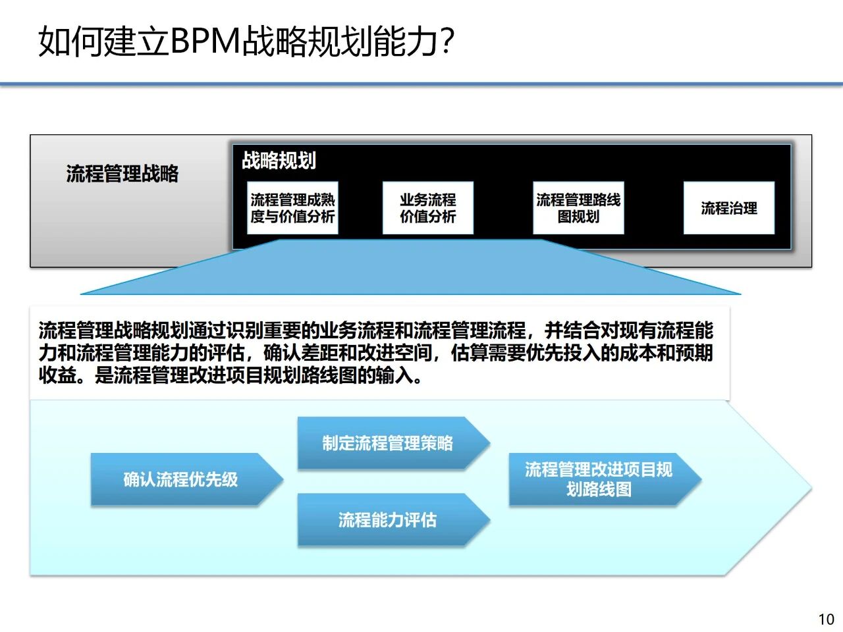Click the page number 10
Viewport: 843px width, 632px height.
coord(826,619)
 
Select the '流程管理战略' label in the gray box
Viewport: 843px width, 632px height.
coord(122,174)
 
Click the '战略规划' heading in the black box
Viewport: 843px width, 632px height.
coord(279,160)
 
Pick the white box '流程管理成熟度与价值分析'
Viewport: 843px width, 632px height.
coord(293,208)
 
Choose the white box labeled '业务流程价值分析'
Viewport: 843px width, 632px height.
coord(428,208)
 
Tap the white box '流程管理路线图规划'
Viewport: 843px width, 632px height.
coord(578,208)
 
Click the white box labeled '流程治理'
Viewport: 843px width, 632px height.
coord(729,208)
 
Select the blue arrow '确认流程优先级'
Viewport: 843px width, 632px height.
coord(181,479)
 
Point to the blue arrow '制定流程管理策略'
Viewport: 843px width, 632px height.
coord(388,443)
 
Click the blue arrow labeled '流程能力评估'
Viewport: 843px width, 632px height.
coord(388,520)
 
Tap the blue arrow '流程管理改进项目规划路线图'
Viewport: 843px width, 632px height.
coord(599,479)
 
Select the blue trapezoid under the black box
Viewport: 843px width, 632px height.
coord(410,270)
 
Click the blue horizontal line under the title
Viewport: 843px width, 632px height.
coord(421,84)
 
